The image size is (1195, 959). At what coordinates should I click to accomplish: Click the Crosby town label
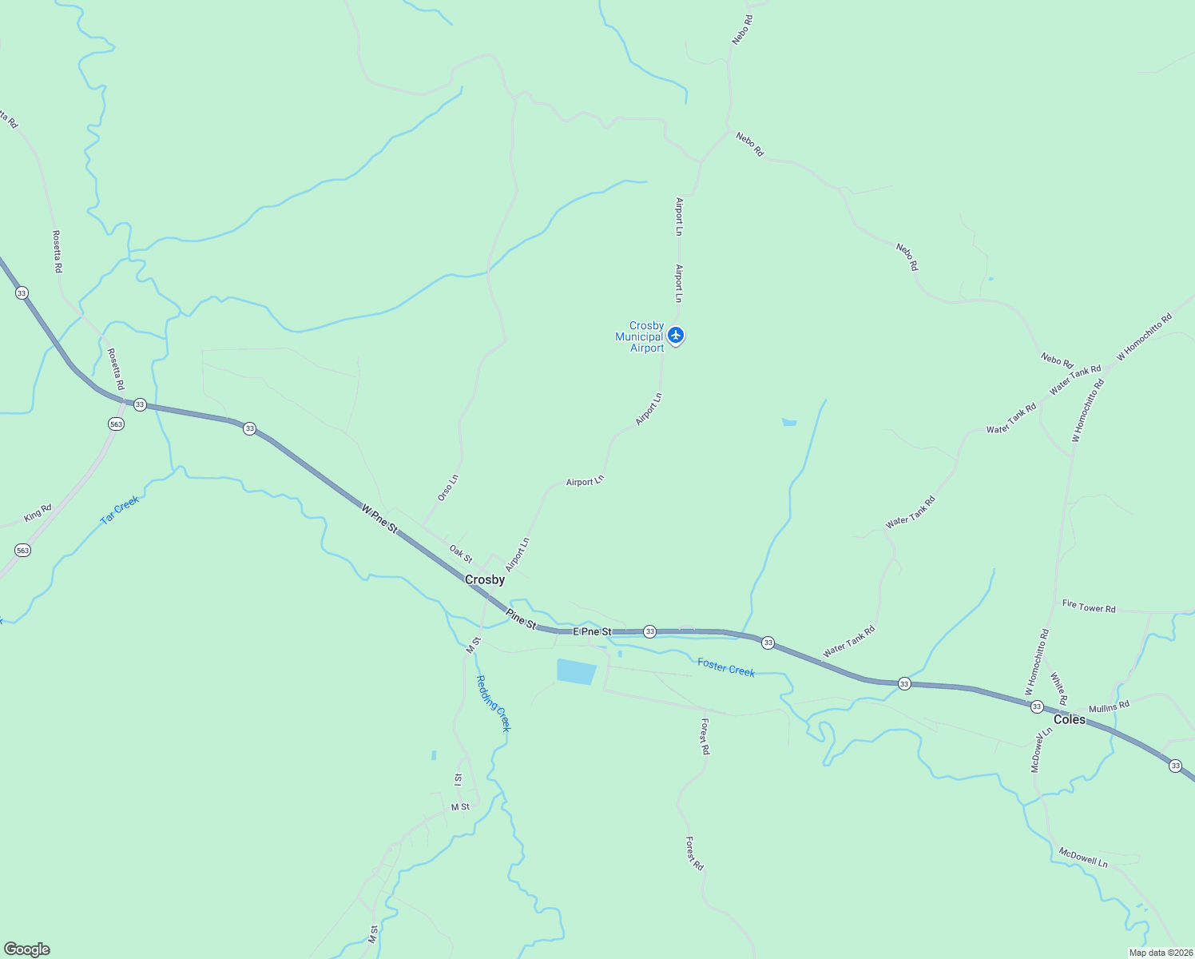[x=485, y=579]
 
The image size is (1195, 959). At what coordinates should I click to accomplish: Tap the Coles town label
[x=1069, y=719]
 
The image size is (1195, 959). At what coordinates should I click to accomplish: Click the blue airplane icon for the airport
[x=676, y=335]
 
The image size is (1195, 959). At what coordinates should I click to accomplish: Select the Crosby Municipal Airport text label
[x=640, y=336]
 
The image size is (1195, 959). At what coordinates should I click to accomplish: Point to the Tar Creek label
[x=120, y=509]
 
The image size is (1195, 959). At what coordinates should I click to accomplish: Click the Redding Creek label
[x=493, y=703]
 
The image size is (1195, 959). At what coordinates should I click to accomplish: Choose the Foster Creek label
[x=725, y=667]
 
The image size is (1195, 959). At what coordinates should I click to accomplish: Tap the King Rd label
[x=38, y=512]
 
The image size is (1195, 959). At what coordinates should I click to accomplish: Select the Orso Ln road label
[x=448, y=487]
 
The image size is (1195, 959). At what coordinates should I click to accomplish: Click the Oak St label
[x=461, y=553]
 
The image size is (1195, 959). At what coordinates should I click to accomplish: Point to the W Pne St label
[x=379, y=519]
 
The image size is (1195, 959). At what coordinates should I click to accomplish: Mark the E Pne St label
[x=592, y=631]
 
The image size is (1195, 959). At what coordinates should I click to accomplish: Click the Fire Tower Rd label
[x=1089, y=607]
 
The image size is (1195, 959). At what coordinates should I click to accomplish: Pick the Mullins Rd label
[x=1109, y=706]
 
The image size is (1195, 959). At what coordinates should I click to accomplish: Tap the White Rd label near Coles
[x=1058, y=688]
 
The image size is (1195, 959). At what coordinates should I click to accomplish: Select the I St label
[x=458, y=778]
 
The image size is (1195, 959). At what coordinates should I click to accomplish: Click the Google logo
[x=26, y=949]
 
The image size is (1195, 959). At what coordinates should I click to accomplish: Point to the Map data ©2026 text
[x=1160, y=953]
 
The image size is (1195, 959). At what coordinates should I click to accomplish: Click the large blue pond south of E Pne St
[x=576, y=671]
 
